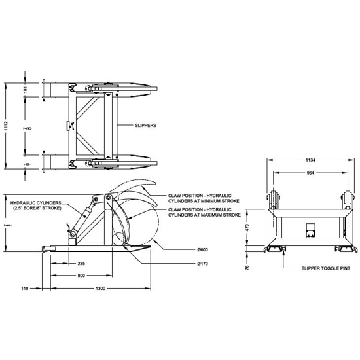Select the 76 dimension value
tap(247, 267)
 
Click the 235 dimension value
tap(81, 263)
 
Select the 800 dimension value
tap(81, 276)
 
